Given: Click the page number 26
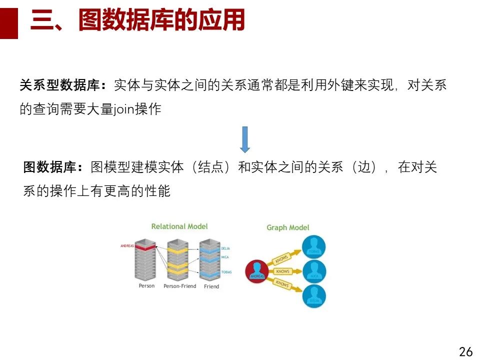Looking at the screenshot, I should point(465,351).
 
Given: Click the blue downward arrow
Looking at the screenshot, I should point(244,139).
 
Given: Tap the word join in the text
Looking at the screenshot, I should point(128,109).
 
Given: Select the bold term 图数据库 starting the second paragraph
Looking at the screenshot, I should point(53,167).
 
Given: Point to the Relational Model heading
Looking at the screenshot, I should point(179,226).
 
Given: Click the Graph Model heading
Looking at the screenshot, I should point(287,227).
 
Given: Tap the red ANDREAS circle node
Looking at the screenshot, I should point(257,271).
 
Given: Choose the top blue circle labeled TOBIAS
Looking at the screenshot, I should point(313,247).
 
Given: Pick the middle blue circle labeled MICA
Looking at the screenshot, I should point(314,271).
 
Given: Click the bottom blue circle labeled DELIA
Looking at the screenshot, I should point(313,296).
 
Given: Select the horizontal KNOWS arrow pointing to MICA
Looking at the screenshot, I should point(283,271).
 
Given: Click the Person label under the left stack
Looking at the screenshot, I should point(146,286).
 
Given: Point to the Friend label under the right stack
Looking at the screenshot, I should point(211,286).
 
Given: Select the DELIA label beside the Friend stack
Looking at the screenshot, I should point(225,248).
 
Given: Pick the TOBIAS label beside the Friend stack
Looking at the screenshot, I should point(226,272).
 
